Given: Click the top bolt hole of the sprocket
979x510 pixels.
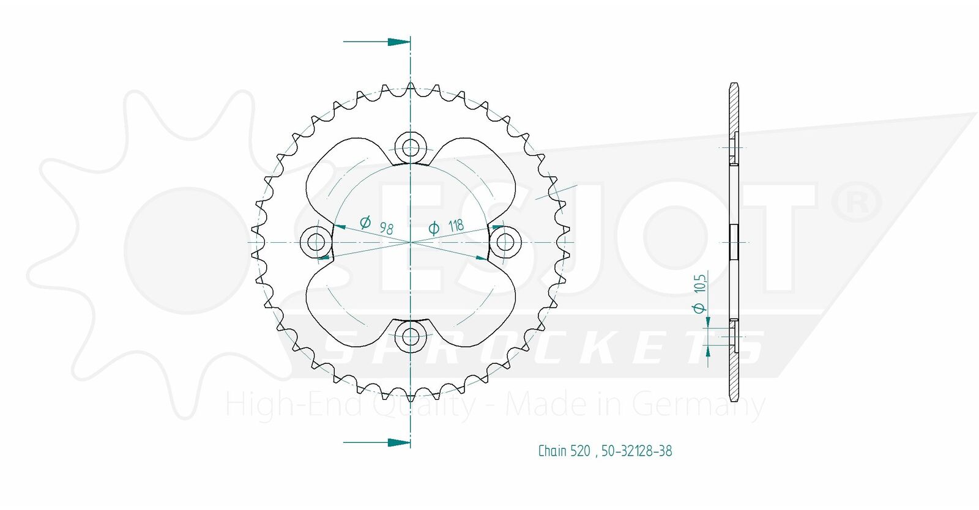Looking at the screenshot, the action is coord(411,147).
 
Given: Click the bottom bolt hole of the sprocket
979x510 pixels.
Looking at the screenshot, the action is coord(411,337).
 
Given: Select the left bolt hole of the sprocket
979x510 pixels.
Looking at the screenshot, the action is coord(316,242).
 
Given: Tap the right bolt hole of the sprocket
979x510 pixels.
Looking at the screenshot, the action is coord(505,242).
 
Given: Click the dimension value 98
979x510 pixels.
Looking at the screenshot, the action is coord(386,228).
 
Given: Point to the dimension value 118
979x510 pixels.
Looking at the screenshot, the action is coord(456,225).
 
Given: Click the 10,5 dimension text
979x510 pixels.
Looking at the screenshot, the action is coord(700,284).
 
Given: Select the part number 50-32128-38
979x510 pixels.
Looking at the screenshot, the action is coord(637,451).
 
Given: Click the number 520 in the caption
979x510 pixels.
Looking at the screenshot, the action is coord(581,451).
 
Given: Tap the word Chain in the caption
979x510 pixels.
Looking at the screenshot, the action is coord(553,451).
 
